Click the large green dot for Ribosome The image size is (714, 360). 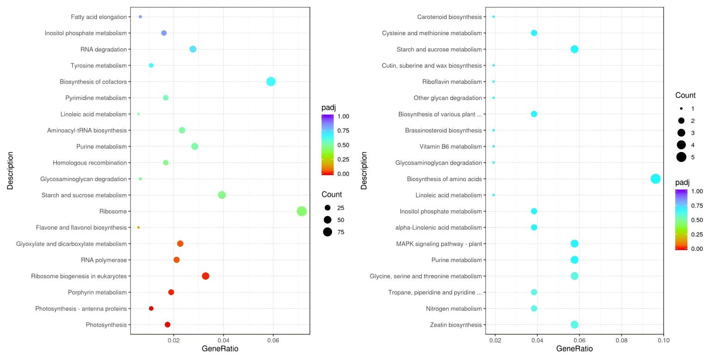point(302,211)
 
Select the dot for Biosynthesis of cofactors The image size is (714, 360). point(271,82)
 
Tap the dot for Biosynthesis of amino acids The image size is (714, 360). point(655,179)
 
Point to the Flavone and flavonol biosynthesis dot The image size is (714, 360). point(139,227)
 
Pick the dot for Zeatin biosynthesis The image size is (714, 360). point(574,325)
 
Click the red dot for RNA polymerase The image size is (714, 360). point(177,260)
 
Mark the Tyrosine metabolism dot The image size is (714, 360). point(151,66)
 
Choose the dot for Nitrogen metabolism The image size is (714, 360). point(534,309)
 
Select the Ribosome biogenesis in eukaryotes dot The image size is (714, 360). point(206,276)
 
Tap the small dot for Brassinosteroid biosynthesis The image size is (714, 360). point(494,130)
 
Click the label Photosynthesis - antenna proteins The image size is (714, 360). point(81,309)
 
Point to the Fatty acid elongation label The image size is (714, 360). point(98,17)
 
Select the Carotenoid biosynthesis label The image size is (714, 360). point(449,17)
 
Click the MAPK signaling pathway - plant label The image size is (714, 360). point(439,244)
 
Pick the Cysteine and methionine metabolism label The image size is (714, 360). point(431,33)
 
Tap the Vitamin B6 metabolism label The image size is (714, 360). point(450,146)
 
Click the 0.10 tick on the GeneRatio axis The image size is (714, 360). point(663,341)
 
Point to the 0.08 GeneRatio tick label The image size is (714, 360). point(621,341)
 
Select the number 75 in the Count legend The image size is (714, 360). point(341,232)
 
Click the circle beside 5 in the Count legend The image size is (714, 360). point(681,157)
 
